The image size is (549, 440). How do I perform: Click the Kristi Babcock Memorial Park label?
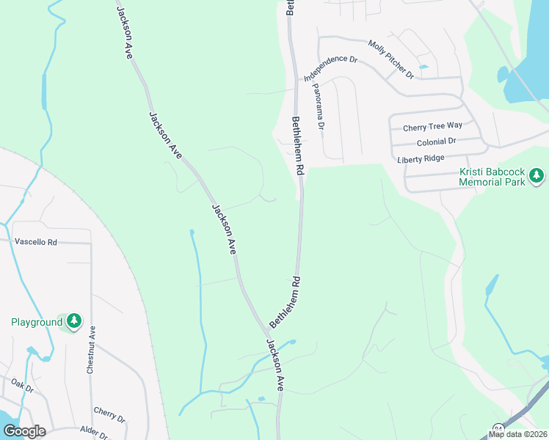pos(492,177)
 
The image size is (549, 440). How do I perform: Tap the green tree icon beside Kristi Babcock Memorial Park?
pos(537,176)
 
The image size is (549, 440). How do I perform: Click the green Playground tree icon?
pos(73,320)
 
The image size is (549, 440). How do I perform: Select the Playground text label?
pos(37,322)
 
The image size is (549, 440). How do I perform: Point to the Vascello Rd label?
pos(35,241)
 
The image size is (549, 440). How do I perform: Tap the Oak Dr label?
pos(22,385)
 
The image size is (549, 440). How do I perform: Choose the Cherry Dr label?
pos(109,415)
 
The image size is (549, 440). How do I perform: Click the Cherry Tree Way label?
pos(433,126)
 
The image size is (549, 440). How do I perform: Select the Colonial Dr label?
pos(436,142)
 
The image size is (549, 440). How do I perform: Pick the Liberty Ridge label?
pos(421,158)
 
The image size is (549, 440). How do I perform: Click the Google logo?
pos(24,431)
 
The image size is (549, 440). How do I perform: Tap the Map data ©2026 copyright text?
pos(517,434)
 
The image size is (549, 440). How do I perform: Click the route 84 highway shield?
pos(499,428)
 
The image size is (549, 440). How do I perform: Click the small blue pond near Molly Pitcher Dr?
pos(423,68)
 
